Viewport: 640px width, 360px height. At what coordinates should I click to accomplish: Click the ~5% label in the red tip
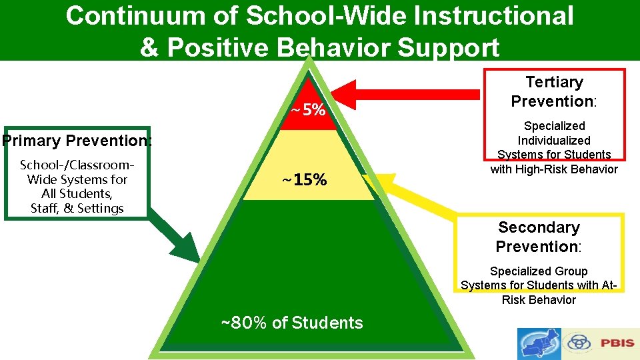click(308, 109)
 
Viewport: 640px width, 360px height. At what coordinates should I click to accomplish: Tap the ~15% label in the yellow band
click(304, 179)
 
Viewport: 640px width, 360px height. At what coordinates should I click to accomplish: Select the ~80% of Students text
click(292, 323)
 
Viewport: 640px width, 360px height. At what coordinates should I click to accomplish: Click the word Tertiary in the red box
click(554, 82)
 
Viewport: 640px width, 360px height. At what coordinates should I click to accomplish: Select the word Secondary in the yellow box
click(539, 227)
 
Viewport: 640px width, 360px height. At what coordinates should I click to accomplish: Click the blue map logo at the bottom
click(539, 344)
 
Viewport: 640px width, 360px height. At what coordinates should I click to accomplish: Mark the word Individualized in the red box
click(554, 141)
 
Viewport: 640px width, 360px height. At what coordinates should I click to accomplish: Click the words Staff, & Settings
click(77, 208)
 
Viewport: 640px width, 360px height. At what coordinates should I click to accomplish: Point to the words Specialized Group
click(539, 271)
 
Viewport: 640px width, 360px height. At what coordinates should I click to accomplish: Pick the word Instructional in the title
click(489, 15)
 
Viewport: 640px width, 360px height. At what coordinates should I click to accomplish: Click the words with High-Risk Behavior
click(554, 169)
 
